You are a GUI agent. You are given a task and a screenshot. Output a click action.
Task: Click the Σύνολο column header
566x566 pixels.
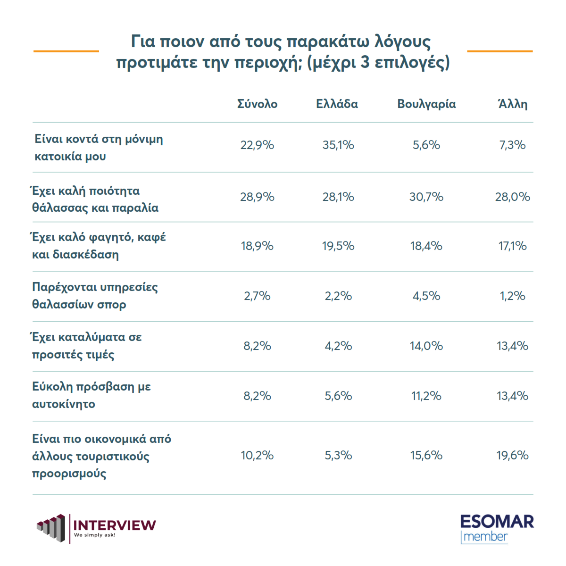pos(257,104)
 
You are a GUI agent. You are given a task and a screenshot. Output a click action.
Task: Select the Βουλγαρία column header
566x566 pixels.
pos(426,104)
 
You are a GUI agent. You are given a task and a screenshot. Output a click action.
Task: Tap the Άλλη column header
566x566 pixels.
pos(513,104)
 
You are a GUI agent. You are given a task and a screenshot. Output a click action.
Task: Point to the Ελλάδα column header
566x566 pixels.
pos(337,104)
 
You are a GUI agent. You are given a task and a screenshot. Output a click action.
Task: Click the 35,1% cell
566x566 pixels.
pos(338,145)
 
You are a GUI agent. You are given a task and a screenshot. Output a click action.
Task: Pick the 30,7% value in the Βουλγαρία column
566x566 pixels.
pos(426,197)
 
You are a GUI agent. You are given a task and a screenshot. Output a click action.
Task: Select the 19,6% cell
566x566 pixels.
pos(512,456)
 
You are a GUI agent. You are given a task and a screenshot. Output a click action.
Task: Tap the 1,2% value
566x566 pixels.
pos(512,296)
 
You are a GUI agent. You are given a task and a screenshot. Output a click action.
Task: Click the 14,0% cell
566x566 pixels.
pos(426,346)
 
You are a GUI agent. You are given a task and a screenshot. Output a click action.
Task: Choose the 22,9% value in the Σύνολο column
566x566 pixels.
pos(257,145)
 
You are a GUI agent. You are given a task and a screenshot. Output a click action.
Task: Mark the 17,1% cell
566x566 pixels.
pos(512,246)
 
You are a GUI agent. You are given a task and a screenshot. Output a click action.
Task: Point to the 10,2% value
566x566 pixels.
pos(257,456)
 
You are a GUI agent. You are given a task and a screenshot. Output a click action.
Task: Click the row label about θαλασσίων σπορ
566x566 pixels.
pos(95,296)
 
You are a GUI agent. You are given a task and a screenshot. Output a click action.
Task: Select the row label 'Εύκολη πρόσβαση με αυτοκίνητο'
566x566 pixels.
pos(92,395)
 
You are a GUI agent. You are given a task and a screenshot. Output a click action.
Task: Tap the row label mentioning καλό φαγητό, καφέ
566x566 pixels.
pos(99,246)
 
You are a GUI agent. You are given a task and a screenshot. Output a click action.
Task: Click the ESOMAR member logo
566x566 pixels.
pos(497,529)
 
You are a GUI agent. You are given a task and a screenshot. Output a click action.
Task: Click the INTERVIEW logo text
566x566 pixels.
pos(115,525)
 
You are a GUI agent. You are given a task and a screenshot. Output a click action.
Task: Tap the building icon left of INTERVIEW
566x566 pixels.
pos(51,528)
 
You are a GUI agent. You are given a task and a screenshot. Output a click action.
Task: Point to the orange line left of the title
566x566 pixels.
pos(66,51)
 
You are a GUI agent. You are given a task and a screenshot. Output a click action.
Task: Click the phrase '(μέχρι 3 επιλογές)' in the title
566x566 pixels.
pos(378,63)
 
